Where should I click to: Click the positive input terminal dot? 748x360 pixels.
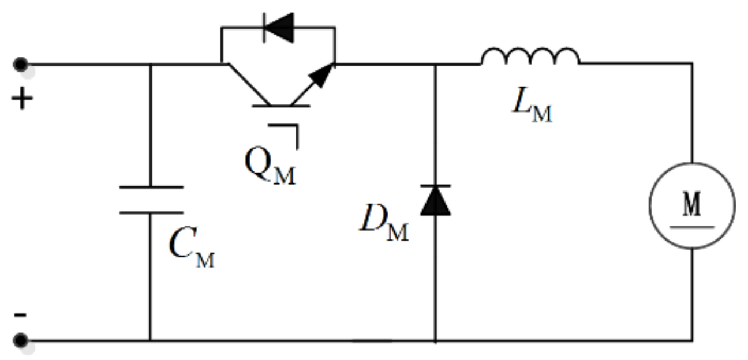(x=21, y=63)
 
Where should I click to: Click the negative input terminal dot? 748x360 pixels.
(x=21, y=340)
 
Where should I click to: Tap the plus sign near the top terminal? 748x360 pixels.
(x=22, y=100)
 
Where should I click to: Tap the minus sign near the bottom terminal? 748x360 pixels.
(x=20, y=315)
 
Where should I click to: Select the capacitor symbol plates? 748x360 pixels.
(x=151, y=200)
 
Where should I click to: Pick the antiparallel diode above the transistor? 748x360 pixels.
(x=278, y=27)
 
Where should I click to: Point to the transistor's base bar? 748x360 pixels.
(x=281, y=106)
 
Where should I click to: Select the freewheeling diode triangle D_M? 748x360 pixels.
(x=435, y=201)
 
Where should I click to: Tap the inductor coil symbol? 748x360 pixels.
(x=530, y=57)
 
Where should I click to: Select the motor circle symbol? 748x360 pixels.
(x=692, y=205)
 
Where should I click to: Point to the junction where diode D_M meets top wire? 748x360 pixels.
(x=435, y=64)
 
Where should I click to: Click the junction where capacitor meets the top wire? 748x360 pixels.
(x=151, y=64)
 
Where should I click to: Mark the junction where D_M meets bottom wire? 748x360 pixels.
(x=435, y=340)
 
